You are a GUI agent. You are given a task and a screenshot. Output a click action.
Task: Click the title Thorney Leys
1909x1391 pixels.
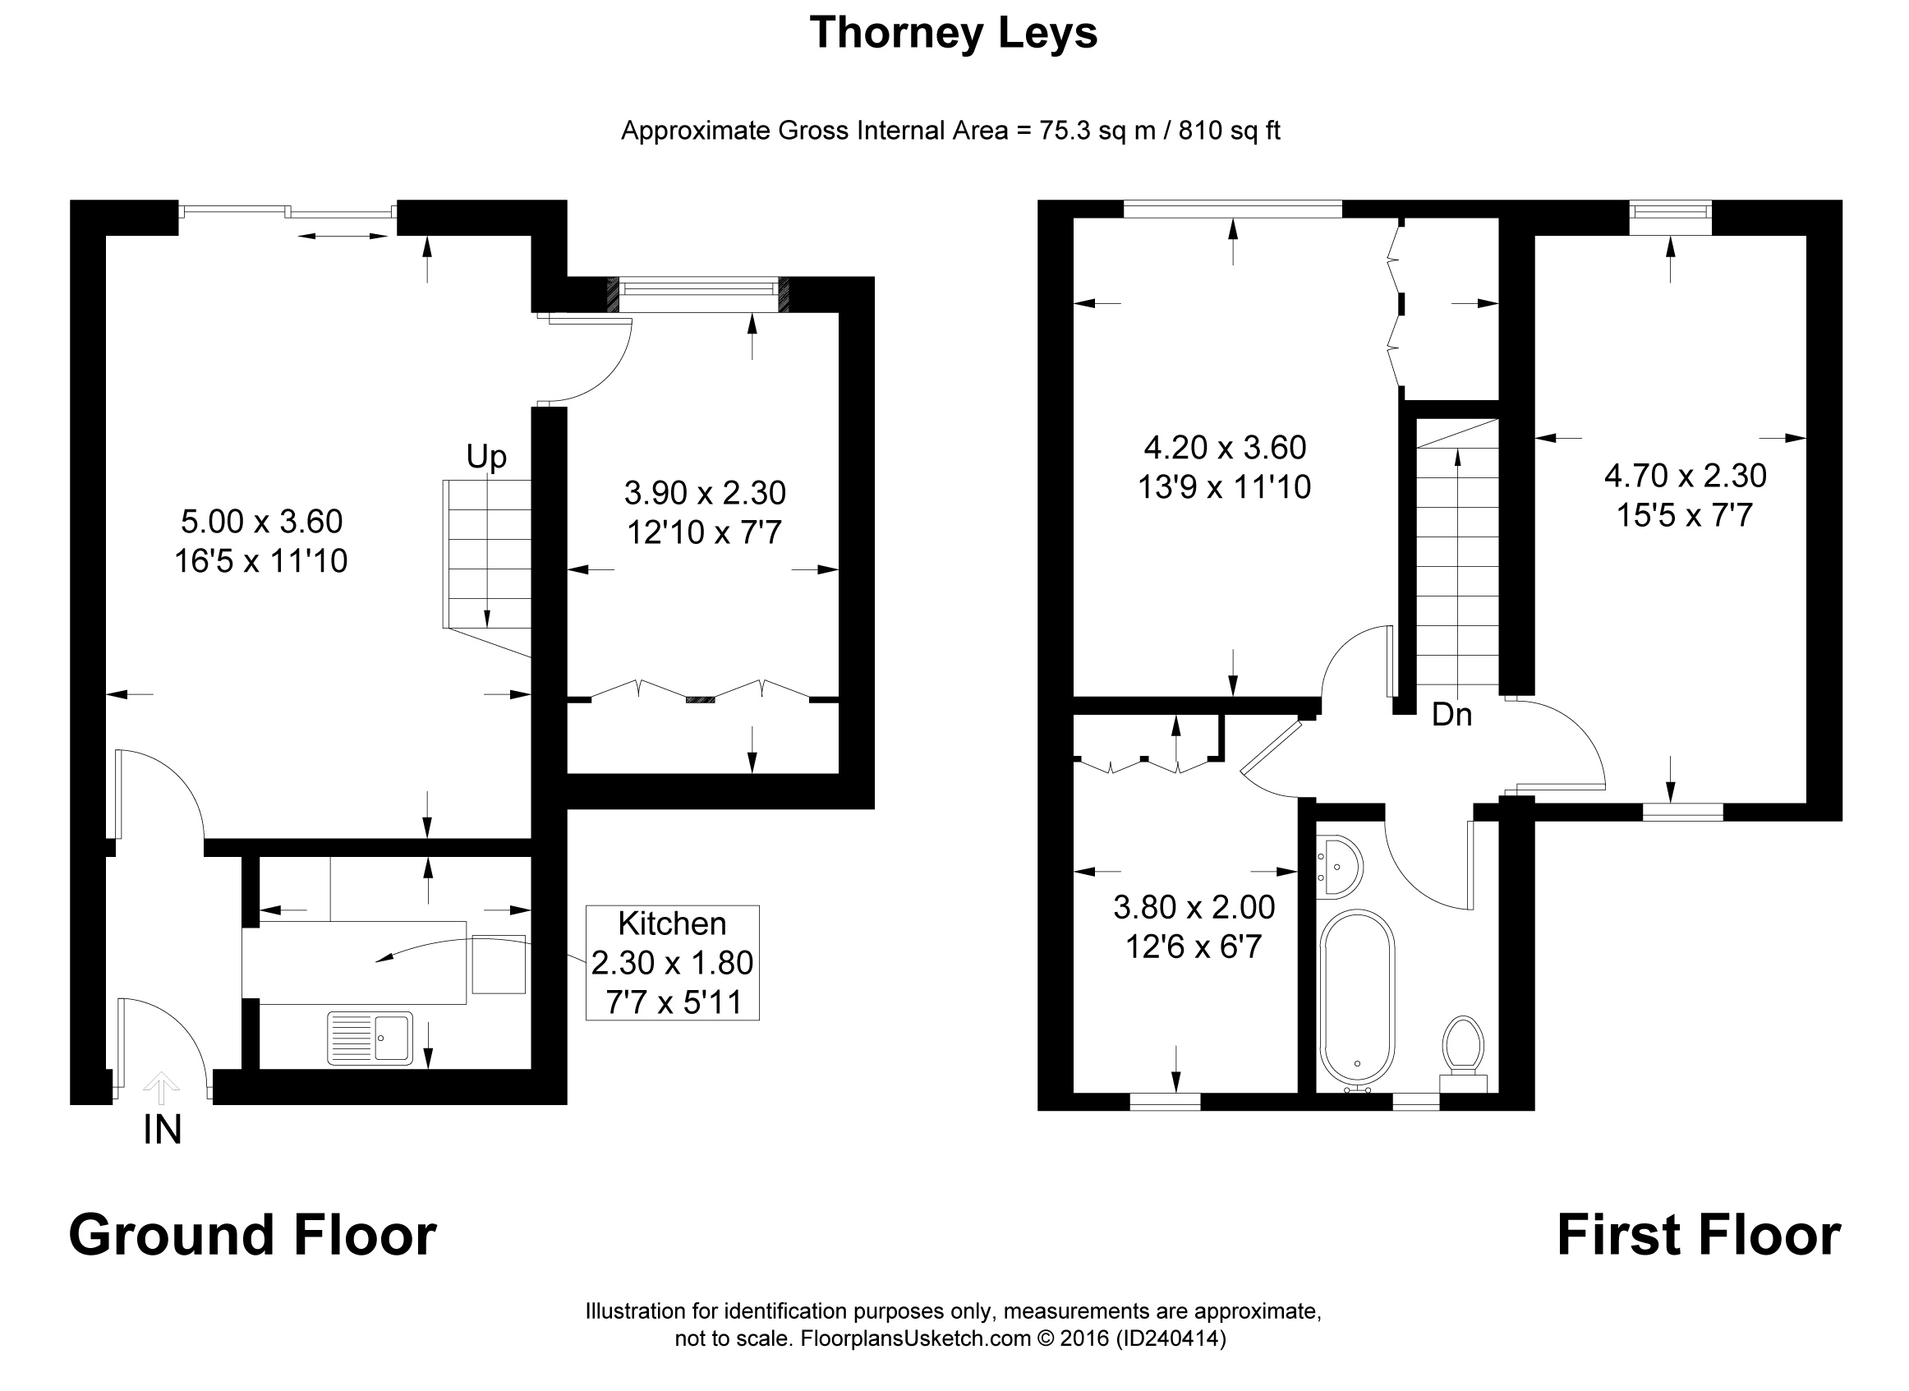(953, 34)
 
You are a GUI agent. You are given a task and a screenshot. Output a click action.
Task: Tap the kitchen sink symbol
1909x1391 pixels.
(370, 1038)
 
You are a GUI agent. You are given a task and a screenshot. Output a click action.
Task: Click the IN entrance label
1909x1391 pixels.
(163, 1130)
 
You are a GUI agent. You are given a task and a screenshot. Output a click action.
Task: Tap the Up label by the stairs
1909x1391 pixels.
(486, 457)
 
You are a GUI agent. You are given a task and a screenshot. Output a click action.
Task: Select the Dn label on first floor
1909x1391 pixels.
(1452, 715)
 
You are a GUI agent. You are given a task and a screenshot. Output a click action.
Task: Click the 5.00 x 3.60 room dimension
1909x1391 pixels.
(262, 522)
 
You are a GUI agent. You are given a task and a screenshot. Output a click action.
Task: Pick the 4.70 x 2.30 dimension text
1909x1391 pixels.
(1685, 477)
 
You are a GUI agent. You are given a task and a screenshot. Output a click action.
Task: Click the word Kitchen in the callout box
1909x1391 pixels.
(672, 923)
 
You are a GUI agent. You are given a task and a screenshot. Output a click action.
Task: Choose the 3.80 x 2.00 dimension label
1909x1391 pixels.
(1194, 908)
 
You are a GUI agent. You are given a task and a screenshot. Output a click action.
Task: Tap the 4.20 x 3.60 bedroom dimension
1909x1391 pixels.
(1225, 448)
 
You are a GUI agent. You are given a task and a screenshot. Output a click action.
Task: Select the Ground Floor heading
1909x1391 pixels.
(252, 1235)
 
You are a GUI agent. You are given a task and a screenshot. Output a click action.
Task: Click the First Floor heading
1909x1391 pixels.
(1699, 1235)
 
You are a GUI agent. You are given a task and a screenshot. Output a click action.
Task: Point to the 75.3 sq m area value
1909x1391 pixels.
(1097, 131)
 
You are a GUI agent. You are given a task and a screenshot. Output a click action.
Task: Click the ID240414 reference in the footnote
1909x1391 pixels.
(1170, 1338)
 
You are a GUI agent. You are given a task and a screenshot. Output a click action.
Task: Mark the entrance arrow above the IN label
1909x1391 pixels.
(161, 1087)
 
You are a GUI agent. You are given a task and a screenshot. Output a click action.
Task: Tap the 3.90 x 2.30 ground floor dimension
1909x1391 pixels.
(706, 493)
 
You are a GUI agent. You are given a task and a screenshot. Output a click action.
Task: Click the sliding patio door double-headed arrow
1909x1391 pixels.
(343, 237)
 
